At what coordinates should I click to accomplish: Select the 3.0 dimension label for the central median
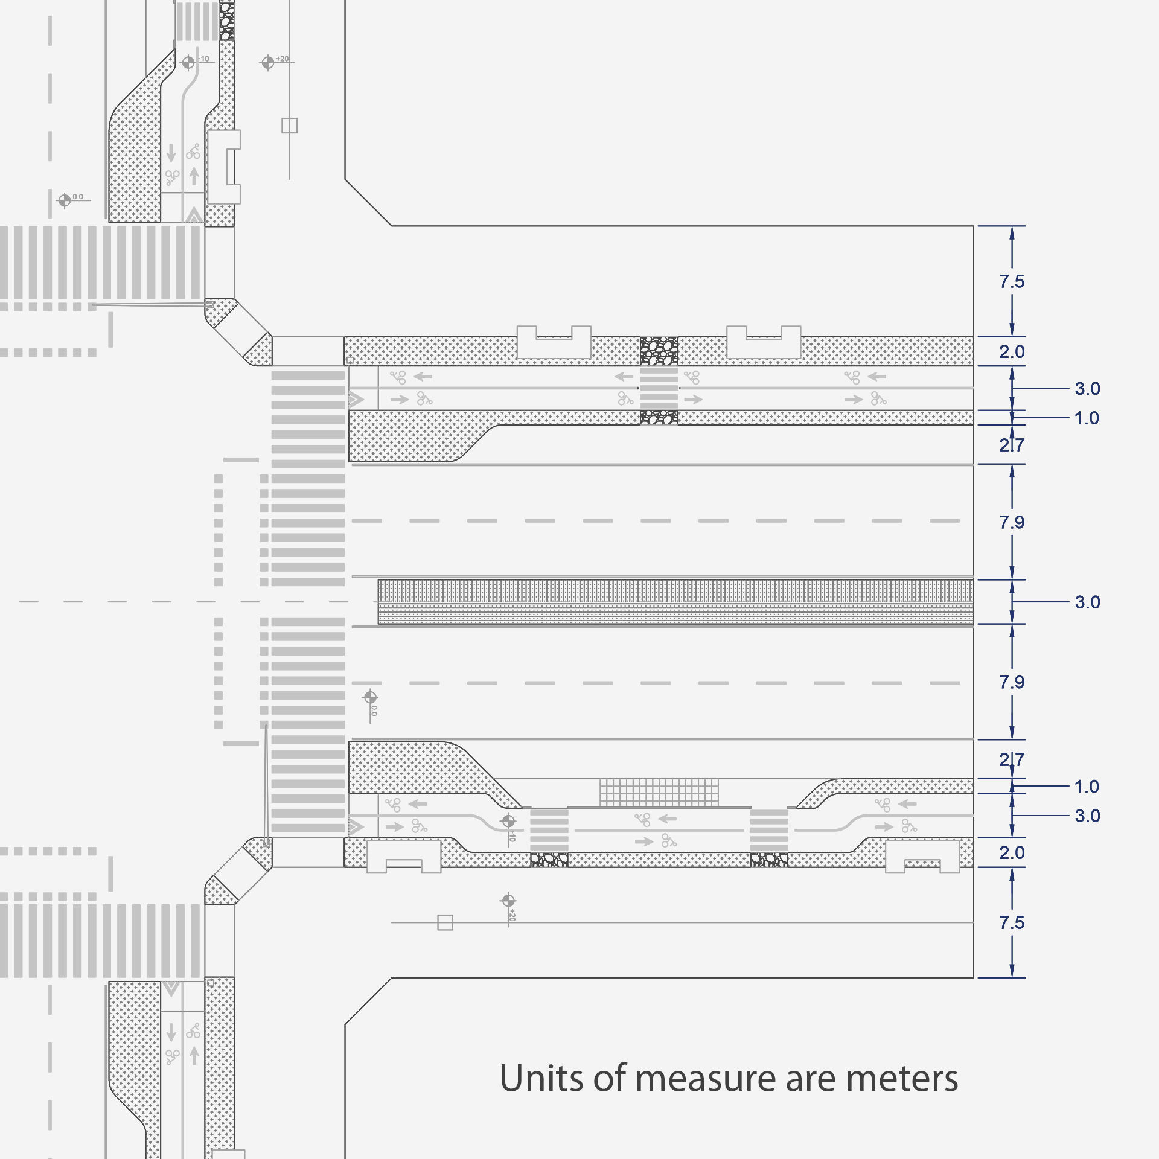(x=1087, y=602)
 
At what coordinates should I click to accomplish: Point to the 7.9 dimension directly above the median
(x=1012, y=522)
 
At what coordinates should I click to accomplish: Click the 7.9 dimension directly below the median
(x=1012, y=682)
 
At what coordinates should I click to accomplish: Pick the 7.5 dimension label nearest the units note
(x=1012, y=922)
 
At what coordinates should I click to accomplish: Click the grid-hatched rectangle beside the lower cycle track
(x=659, y=792)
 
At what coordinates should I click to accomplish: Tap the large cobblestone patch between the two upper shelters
(x=659, y=351)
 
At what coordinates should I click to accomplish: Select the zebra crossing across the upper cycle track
(x=659, y=388)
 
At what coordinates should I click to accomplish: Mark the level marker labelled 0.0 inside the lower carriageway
(x=370, y=698)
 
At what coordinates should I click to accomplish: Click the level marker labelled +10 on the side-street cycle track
(x=188, y=62)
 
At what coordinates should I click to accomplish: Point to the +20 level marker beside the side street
(x=268, y=62)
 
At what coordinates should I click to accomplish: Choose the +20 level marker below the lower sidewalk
(x=508, y=901)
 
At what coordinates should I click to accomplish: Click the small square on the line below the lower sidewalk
(x=445, y=922)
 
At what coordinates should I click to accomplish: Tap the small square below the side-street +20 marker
(x=290, y=126)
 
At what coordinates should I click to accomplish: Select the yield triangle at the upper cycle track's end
(x=356, y=399)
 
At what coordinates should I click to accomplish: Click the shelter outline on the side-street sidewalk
(x=224, y=167)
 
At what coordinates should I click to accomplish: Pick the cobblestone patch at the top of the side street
(x=227, y=21)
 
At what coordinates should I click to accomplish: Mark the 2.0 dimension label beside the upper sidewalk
(x=1012, y=351)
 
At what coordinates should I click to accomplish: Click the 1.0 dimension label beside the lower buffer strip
(x=1087, y=786)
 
